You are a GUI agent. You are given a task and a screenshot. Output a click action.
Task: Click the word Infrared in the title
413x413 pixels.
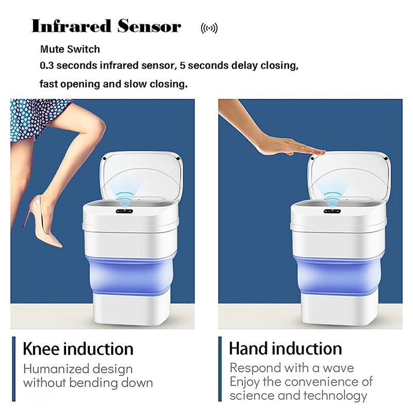[71, 26]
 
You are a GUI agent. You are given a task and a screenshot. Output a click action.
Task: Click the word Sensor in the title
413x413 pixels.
[149, 26]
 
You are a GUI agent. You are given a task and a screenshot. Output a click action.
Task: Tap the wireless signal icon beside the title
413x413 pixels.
[209, 28]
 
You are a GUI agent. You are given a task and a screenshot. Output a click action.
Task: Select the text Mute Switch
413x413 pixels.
[70, 49]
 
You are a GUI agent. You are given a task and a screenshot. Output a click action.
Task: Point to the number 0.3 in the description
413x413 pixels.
[46, 66]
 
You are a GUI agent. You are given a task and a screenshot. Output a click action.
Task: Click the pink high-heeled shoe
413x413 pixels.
[42, 221]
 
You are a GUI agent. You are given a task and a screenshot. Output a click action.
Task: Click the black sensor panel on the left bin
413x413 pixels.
[124, 211]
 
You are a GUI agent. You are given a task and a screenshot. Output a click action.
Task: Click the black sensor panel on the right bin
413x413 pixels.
[332, 211]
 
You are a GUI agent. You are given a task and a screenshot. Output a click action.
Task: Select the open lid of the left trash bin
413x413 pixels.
[141, 177]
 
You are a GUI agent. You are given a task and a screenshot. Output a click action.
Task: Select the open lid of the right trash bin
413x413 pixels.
[350, 177]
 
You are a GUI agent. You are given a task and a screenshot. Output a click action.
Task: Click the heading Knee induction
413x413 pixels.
[78, 349]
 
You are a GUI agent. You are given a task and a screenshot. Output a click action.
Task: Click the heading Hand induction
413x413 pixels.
[285, 348]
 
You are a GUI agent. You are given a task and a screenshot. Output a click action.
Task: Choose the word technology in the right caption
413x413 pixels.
[335, 395]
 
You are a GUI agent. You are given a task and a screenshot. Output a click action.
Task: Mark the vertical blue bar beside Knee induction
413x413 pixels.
[14, 369]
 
